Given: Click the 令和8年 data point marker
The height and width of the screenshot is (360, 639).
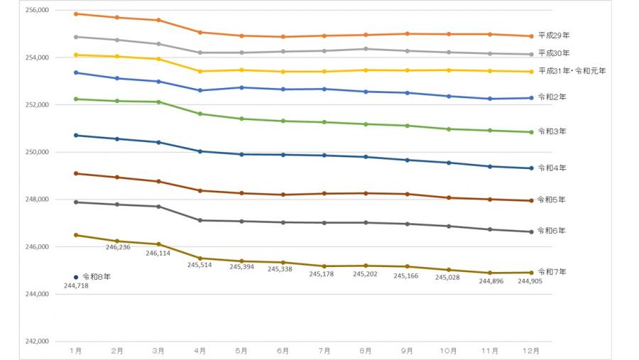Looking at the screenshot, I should point(76,277).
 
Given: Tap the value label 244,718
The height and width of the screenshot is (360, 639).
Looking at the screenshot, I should point(76,285).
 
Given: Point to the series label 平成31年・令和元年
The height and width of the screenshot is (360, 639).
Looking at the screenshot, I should point(572,71).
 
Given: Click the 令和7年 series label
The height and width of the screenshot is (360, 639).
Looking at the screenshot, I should point(551,272).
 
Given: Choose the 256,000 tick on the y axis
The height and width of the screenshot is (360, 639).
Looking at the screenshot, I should point(35,11).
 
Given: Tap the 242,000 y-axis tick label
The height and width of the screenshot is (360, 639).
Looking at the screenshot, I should point(35,342).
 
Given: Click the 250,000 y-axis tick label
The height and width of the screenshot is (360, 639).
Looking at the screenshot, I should point(35,152).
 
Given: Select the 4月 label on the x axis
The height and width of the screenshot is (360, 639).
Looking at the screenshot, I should point(200,351).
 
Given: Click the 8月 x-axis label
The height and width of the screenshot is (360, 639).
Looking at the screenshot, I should point(366,351).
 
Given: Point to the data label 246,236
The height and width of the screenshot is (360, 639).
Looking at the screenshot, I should point(118,248).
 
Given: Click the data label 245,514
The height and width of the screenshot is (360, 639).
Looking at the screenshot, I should point(200,265).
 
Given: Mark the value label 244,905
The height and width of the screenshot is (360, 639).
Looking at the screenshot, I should point(530,280).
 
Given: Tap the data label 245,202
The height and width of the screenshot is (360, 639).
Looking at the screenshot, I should point(366,273).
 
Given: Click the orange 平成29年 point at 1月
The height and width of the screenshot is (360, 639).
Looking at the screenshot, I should point(76,13).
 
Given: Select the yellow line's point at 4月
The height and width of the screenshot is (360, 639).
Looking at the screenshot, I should point(200,71).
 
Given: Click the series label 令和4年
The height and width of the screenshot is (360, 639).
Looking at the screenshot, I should point(551,168).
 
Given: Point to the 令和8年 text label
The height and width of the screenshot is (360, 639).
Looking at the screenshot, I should point(96,277).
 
